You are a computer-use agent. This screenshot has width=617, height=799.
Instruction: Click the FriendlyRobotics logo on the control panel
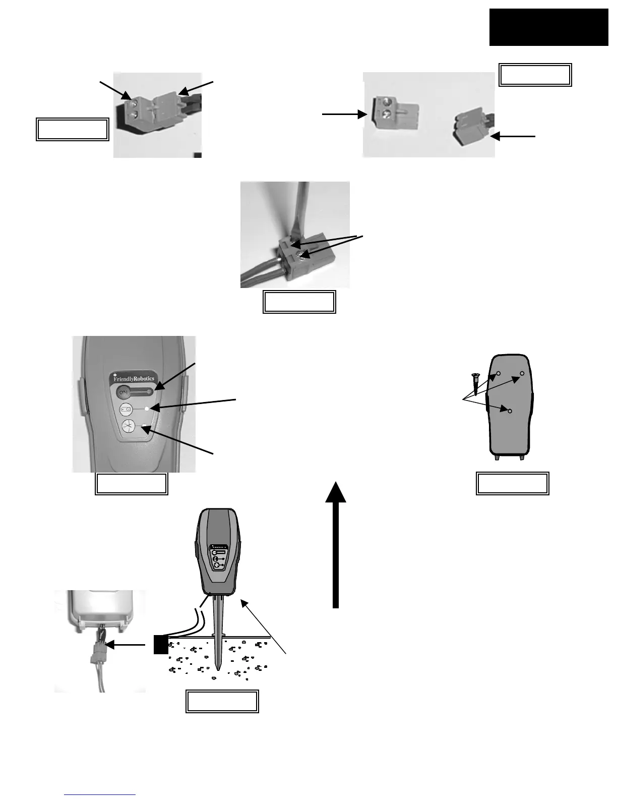[x=134, y=379]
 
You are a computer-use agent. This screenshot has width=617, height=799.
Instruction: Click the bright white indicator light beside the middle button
[x=146, y=408]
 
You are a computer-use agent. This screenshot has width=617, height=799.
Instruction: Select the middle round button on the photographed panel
[x=127, y=409]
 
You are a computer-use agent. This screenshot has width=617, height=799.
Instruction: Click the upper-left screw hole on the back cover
[x=498, y=373]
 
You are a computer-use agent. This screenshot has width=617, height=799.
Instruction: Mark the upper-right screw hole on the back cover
[x=522, y=373]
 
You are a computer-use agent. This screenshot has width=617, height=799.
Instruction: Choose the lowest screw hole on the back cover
[x=510, y=412]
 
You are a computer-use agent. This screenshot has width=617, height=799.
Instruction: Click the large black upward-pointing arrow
[x=336, y=545]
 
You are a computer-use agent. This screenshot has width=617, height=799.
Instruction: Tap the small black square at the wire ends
[x=161, y=644]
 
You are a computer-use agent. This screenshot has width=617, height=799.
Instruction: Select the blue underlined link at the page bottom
[x=100, y=795]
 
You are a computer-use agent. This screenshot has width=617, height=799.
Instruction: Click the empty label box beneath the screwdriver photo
[x=299, y=302]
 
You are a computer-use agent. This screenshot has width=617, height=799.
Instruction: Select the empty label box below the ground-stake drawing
[x=222, y=701]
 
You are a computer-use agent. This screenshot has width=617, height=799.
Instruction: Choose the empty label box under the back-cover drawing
[x=513, y=483]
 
